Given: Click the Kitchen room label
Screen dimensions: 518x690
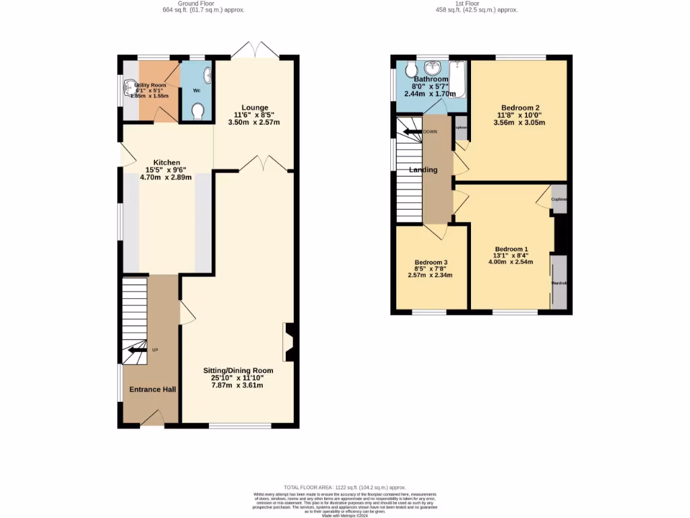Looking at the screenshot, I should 166,163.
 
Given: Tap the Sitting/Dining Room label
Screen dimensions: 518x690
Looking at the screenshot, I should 239,370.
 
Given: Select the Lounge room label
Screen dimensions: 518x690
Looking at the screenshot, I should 255,107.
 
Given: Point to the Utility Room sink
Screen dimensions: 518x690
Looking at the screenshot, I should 128,87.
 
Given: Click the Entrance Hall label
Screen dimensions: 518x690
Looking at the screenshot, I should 152,389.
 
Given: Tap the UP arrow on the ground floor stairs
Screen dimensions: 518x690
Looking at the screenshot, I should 137,349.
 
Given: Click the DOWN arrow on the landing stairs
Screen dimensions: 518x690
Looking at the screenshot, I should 412,132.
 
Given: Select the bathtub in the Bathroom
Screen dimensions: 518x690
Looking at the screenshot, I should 458,79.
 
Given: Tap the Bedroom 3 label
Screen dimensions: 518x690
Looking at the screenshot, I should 431,262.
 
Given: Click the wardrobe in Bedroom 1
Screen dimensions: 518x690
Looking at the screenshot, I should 559,283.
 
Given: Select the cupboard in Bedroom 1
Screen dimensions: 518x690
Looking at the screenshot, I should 559,199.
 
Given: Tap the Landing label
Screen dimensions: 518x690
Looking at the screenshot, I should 423,170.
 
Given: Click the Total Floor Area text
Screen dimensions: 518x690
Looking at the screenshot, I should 344,487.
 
